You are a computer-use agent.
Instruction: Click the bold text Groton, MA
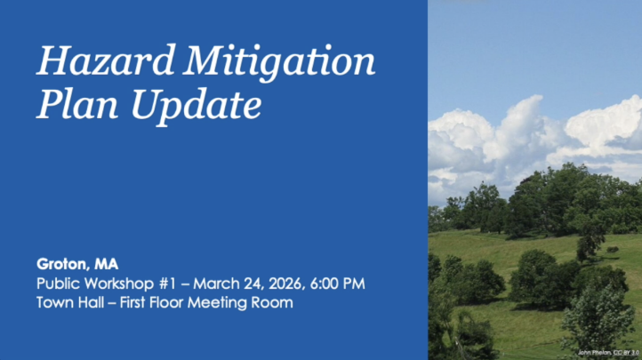(77, 264)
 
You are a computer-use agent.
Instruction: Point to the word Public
(58, 284)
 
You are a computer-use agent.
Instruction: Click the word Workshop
(122, 284)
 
